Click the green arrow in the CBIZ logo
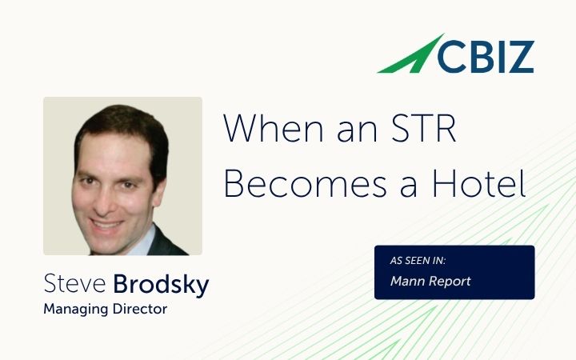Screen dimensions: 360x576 tap(408, 56)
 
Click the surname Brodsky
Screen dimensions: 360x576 tap(161, 284)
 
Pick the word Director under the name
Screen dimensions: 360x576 tap(141, 308)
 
